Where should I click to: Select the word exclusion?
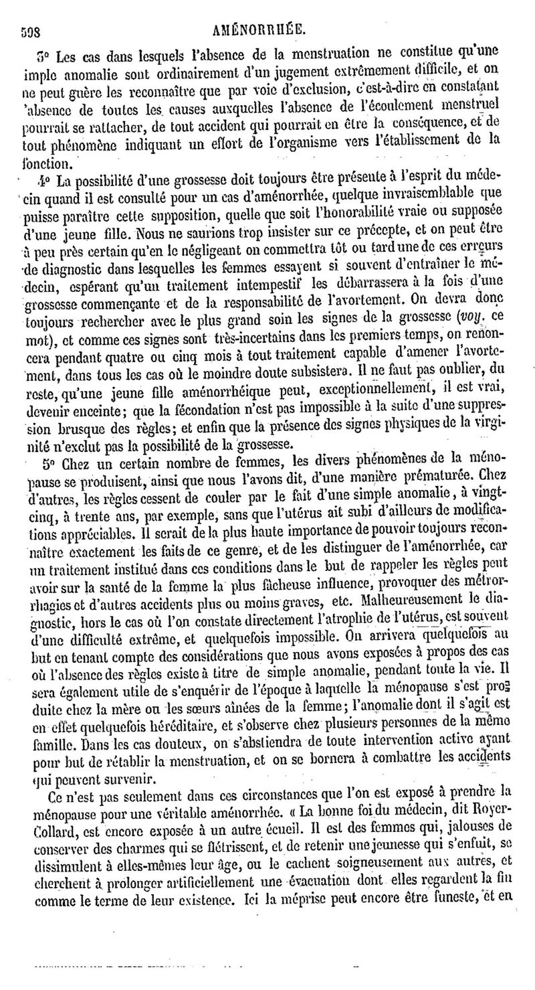tap(342, 87)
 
